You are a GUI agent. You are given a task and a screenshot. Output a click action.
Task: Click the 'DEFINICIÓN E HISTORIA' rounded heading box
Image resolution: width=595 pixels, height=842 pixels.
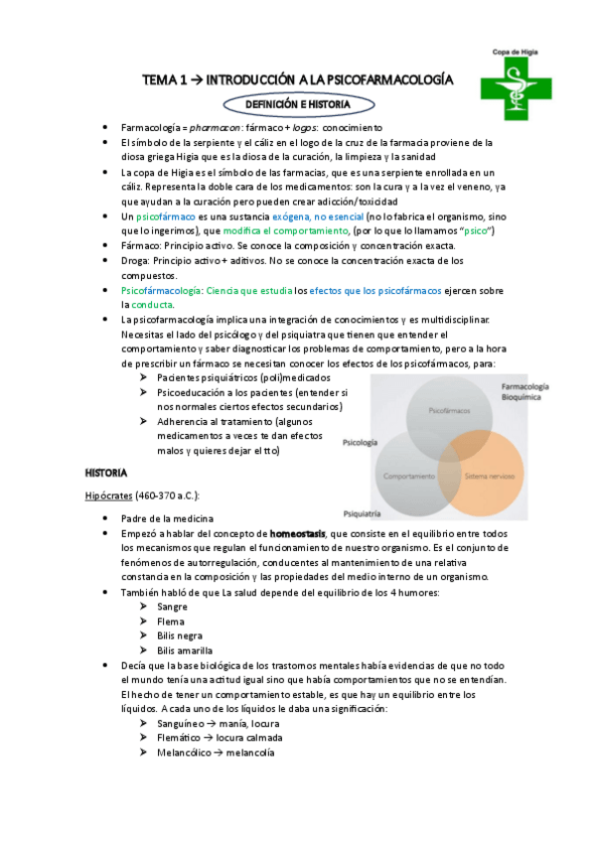[x=297, y=103]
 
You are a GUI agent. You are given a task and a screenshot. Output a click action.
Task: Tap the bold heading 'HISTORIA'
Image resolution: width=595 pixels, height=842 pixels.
[x=106, y=472]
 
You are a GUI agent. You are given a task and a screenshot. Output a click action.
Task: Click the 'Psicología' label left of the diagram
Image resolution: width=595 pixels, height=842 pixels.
[x=361, y=442]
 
